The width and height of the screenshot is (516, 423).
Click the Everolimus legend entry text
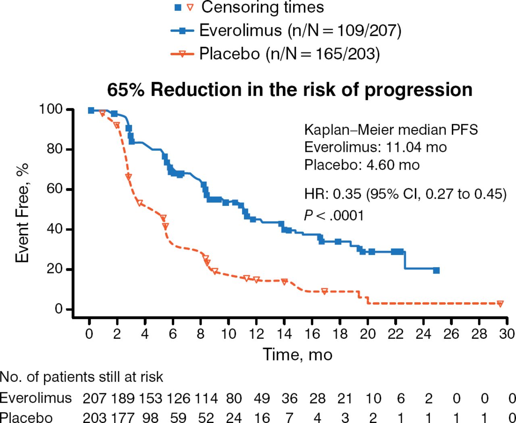(300, 31)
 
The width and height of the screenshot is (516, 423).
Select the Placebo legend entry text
(289, 54)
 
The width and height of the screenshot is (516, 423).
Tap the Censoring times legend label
(262, 7)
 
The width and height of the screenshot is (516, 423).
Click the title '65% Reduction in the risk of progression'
(289, 90)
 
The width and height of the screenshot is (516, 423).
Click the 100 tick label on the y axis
(50, 109)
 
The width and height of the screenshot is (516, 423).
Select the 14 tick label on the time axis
(284, 334)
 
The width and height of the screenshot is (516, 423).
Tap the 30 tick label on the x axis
(507, 334)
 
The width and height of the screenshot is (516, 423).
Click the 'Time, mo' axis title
(298, 355)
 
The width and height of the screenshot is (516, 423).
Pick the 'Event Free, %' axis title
(22, 213)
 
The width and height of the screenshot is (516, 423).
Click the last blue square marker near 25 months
(436, 270)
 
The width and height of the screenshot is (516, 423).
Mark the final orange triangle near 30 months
(500, 304)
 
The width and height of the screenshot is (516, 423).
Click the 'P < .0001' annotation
(334, 216)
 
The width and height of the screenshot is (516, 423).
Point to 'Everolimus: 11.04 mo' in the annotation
(375, 147)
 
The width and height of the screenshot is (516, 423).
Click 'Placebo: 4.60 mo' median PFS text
(362, 165)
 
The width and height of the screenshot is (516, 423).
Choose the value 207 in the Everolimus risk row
(94, 398)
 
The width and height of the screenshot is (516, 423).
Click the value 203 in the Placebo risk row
(94, 417)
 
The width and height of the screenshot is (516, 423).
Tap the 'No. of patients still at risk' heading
(81, 377)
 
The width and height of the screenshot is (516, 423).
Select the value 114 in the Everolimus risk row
(206, 398)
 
